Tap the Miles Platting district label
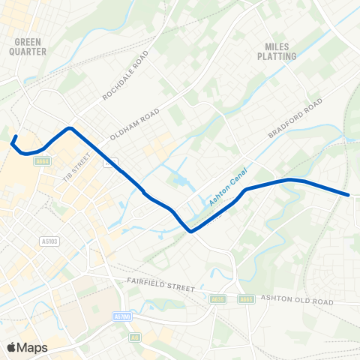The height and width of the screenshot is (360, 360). (x=277, y=50)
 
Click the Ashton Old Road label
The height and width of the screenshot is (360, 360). (x=296, y=300)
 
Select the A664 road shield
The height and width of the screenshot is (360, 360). (x=43, y=160)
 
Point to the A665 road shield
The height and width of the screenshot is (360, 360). (x=245, y=298)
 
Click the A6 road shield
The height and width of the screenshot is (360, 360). (x=135, y=337)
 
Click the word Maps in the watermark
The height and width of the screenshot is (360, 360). (x=33, y=347)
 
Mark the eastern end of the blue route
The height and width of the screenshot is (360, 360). (x=349, y=195)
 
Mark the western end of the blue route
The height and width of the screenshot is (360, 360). (x=14, y=136)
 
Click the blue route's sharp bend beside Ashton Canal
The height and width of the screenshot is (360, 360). (x=191, y=231)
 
